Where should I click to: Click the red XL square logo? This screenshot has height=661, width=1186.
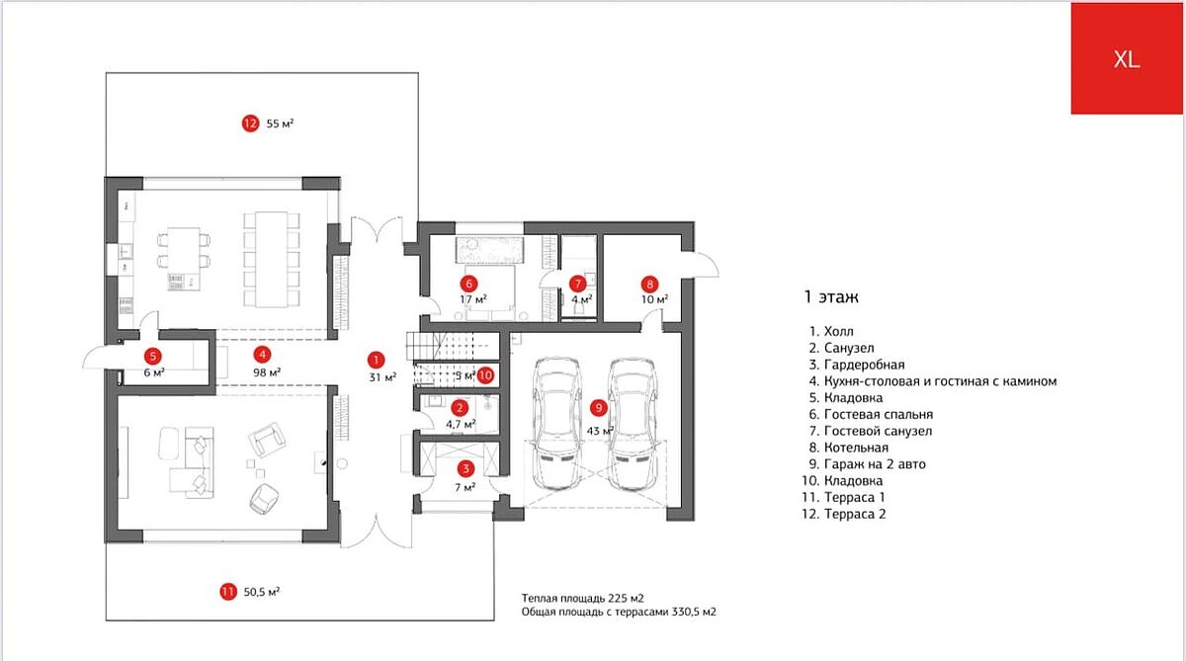1127,57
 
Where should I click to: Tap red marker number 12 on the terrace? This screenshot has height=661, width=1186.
250,124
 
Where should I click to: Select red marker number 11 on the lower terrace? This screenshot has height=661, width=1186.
228,592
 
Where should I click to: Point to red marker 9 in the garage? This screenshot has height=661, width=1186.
597,406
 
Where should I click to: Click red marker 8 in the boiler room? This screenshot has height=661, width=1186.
648,283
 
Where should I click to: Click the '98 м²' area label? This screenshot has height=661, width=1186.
267,372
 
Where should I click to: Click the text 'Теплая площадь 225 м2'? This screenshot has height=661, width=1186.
583,598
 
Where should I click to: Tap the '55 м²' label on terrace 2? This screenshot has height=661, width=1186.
280,124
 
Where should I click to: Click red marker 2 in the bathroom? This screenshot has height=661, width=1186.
459,407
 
